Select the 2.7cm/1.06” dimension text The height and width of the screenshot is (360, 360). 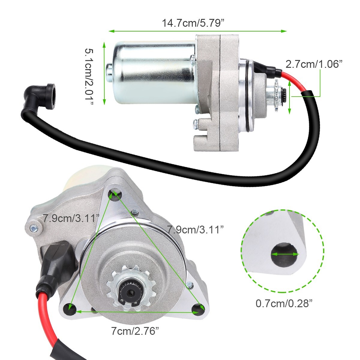[314, 64]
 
